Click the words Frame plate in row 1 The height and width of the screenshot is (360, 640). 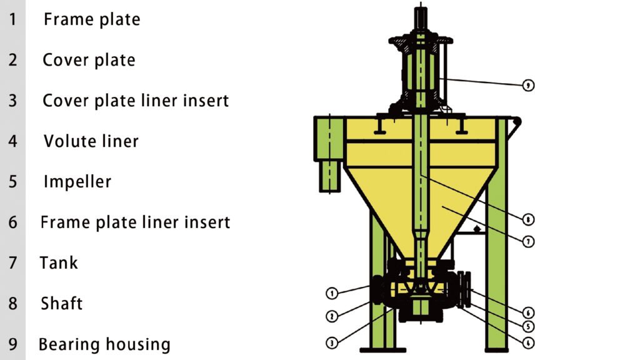[x=92, y=19]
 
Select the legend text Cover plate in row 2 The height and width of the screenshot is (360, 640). [x=89, y=60]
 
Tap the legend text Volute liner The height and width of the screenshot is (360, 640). [x=91, y=141]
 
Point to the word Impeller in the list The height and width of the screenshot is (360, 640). [x=77, y=182]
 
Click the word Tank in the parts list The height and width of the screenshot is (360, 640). [x=59, y=262]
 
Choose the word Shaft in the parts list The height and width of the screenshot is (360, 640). [x=62, y=304]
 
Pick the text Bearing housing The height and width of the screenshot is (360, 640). [x=104, y=344]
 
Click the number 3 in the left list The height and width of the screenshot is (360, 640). [x=12, y=101]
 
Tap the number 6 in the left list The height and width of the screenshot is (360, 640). [x=12, y=222]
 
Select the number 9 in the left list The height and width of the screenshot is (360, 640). [x=12, y=344]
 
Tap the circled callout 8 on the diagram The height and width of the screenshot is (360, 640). [x=529, y=219]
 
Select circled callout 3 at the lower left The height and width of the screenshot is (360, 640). [x=332, y=342]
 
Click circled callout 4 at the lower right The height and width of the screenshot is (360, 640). [x=529, y=342]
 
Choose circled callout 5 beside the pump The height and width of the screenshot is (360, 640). [x=529, y=326]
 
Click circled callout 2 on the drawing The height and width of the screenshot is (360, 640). [x=332, y=316]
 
